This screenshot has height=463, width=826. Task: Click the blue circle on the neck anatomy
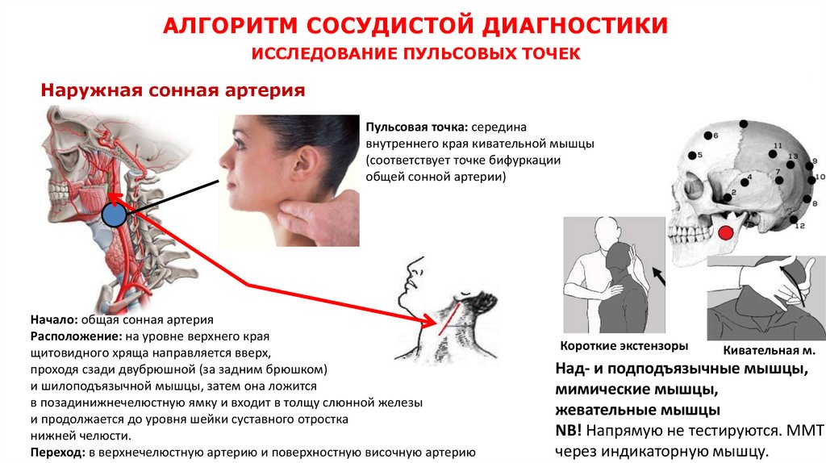(115, 215)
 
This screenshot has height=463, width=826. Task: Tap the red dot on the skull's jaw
(726, 233)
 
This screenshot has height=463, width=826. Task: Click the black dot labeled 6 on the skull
(709, 136)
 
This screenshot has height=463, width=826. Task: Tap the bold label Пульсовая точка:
(416, 127)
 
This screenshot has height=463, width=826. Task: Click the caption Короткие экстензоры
(624, 346)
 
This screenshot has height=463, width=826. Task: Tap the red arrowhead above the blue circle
(111, 196)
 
